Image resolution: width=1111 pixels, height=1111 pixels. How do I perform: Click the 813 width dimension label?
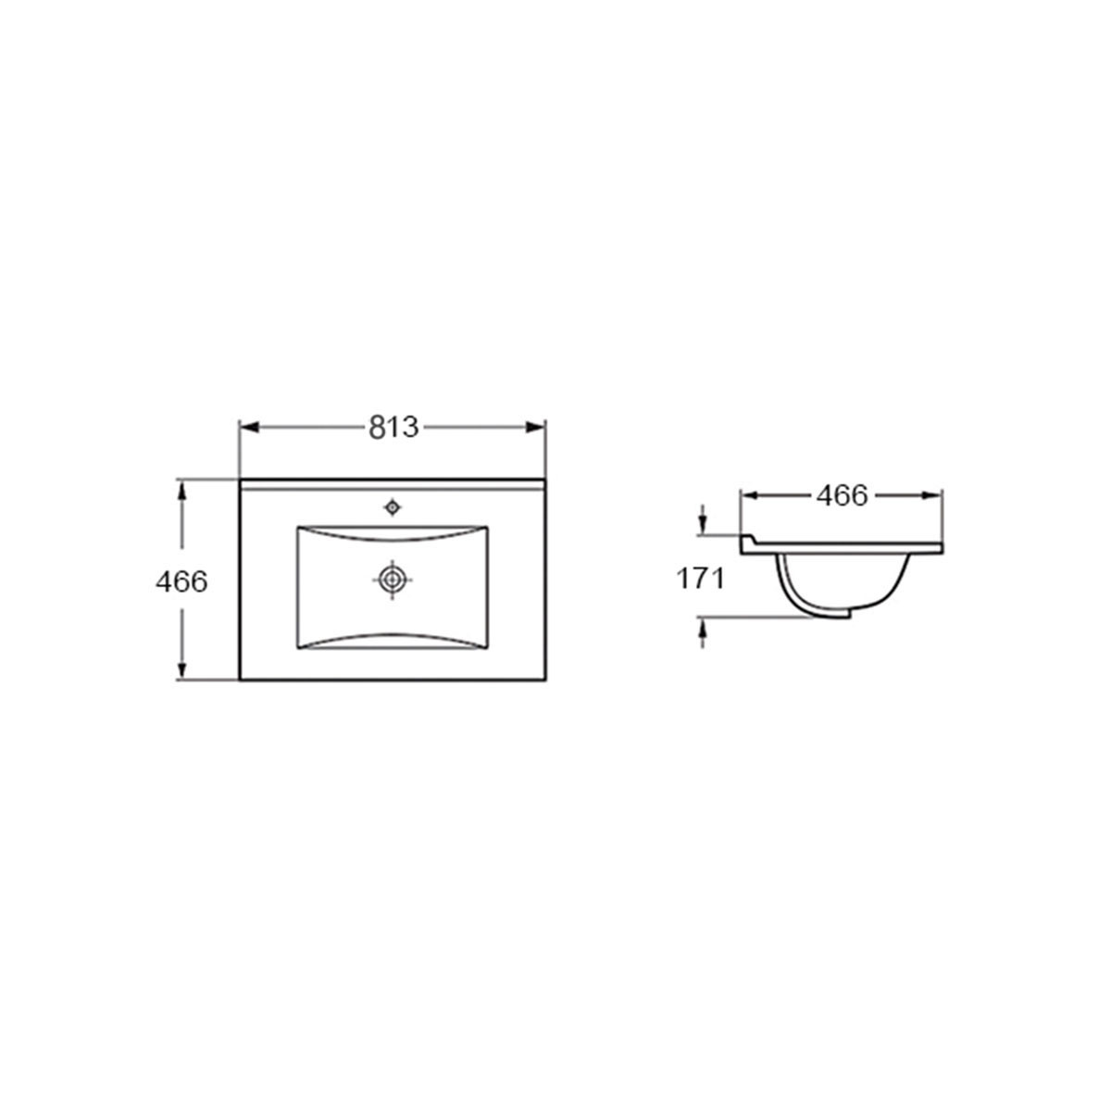coord(393,427)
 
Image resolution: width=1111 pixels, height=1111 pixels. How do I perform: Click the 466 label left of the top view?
coord(181,581)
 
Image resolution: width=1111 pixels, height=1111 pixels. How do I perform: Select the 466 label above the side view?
coord(842,496)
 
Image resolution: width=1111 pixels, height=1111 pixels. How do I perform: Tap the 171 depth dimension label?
coord(700,579)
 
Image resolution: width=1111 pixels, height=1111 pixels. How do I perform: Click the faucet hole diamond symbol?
coord(392,507)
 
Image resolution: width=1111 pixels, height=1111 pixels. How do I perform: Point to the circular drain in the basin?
coord(393,580)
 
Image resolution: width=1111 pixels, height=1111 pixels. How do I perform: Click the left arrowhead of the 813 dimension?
coord(249,427)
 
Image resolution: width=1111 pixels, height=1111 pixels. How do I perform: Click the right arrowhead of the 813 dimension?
coord(536,427)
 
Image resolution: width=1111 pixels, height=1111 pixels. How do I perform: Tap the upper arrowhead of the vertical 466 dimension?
coord(182,492)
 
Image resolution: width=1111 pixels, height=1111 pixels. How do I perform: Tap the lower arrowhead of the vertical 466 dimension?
coord(182,670)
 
